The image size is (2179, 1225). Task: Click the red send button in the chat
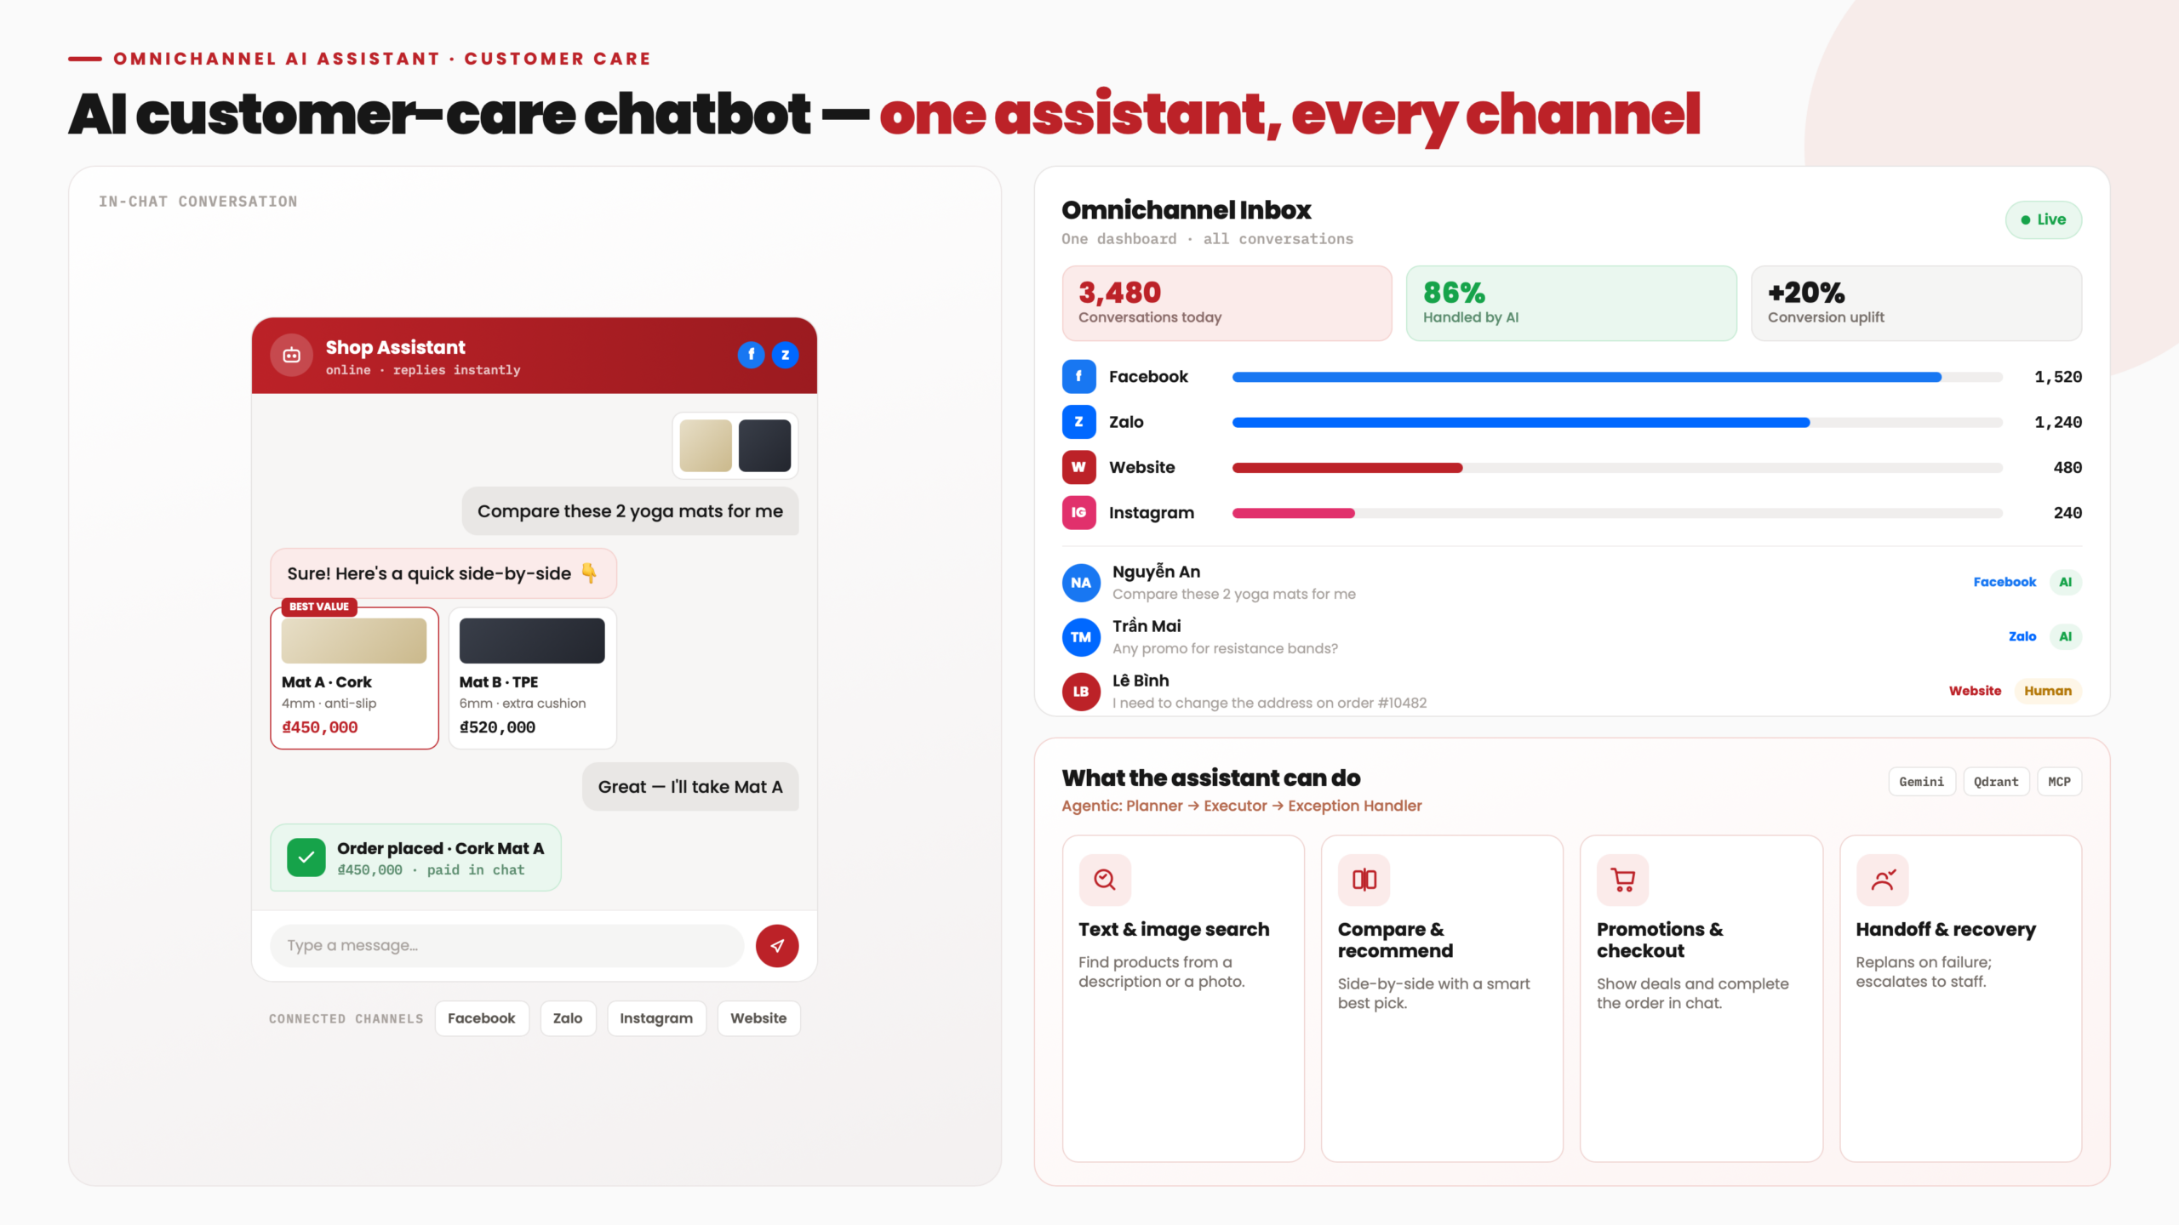[777, 945]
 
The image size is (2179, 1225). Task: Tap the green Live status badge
[2044, 219]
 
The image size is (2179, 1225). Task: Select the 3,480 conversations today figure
[1119, 293]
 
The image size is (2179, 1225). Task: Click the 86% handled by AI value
[1454, 293]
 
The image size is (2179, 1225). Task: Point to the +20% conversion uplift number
[1806, 293]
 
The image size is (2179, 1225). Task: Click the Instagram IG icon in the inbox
[1078, 512]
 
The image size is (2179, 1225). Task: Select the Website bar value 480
[2067, 467]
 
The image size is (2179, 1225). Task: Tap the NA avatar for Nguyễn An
[1081, 583]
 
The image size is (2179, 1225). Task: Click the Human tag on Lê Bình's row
[2048, 691]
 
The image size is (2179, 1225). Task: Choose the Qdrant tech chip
[1996, 782]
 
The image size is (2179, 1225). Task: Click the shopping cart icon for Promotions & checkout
[1622, 880]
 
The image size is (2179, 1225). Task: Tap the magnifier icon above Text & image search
[1105, 880]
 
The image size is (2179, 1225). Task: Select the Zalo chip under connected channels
[568, 1018]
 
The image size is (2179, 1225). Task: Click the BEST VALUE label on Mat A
[319, 607]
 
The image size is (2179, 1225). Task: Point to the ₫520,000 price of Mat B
[497, 727]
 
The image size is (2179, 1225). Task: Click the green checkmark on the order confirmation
[306, 857]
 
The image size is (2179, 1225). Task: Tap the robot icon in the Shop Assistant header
[291, 355]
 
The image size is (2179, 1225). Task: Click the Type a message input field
[506, 945]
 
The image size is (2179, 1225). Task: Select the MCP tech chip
[2060, 782]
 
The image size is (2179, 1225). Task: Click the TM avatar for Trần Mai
[1081, 637]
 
